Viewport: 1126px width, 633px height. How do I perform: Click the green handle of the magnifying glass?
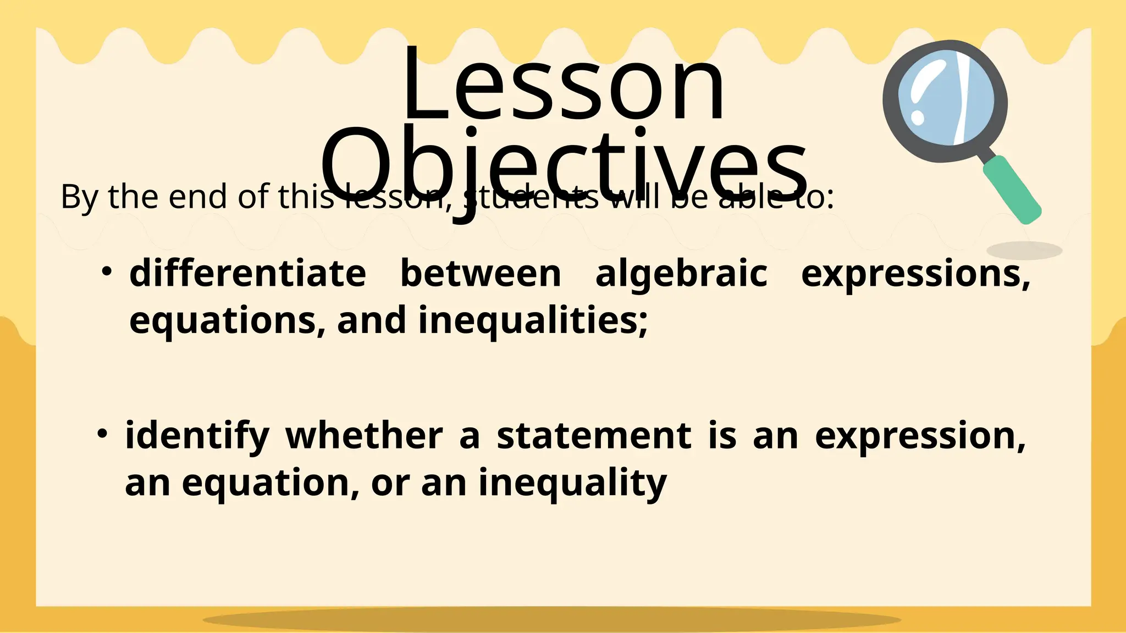tap(1012, 190)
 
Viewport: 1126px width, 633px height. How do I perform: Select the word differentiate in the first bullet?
tap(247, 274)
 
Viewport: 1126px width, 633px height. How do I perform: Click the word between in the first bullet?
tap(481, 274)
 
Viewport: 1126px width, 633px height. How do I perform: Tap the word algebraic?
tap(681, 274)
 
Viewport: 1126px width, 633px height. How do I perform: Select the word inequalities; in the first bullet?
tap(533, 321)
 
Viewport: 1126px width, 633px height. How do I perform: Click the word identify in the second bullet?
tap(197, 437)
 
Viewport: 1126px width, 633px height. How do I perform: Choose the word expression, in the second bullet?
tap(920, 437)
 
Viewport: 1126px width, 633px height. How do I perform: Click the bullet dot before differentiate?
tap(107, 271)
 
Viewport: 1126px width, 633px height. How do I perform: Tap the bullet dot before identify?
tap(102, 434)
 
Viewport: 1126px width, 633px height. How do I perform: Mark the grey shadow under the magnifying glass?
tap(1024, 251)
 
